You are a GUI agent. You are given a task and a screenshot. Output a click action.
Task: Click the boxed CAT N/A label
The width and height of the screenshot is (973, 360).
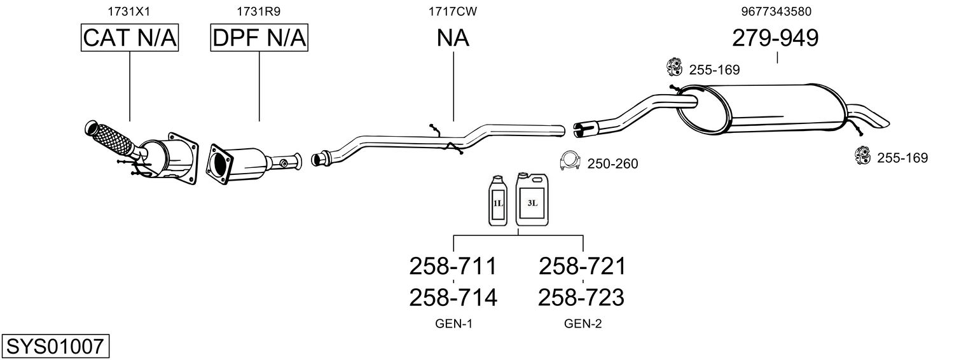(130, 39)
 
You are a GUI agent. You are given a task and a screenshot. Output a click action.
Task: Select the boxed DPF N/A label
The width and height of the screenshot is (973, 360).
(259, 39)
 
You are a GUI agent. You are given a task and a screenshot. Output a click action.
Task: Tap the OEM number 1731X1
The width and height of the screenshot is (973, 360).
(130, 11)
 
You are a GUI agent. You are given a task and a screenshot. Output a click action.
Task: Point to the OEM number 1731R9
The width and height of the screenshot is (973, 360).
(259, 11)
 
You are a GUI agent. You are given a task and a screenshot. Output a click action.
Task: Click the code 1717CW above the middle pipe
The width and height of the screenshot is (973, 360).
(453, 11)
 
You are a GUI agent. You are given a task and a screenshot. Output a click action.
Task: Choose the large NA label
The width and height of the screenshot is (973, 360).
(453, 39)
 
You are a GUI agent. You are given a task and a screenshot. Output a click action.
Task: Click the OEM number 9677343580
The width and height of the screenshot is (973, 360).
(776, 11)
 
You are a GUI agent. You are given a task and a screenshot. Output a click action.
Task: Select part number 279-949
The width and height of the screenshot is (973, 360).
(776, 39)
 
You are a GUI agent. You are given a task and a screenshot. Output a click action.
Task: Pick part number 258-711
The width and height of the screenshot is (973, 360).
(452, 266)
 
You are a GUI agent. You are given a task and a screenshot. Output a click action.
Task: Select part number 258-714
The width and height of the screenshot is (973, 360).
(452, 297)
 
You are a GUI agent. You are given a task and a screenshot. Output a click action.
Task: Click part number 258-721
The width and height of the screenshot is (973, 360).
(582, 266)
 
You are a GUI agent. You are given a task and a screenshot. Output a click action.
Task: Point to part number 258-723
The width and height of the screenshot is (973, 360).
(582, 297)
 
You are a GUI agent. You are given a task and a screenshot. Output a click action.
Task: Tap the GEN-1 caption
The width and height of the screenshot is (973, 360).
(453, 324)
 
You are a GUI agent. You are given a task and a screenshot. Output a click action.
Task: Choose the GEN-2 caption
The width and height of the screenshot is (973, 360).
(583, 324)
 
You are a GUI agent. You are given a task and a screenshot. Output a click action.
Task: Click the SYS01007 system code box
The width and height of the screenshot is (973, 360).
(55, 347)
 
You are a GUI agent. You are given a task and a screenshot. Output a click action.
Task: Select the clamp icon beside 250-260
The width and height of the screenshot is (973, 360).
(569, 162)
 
